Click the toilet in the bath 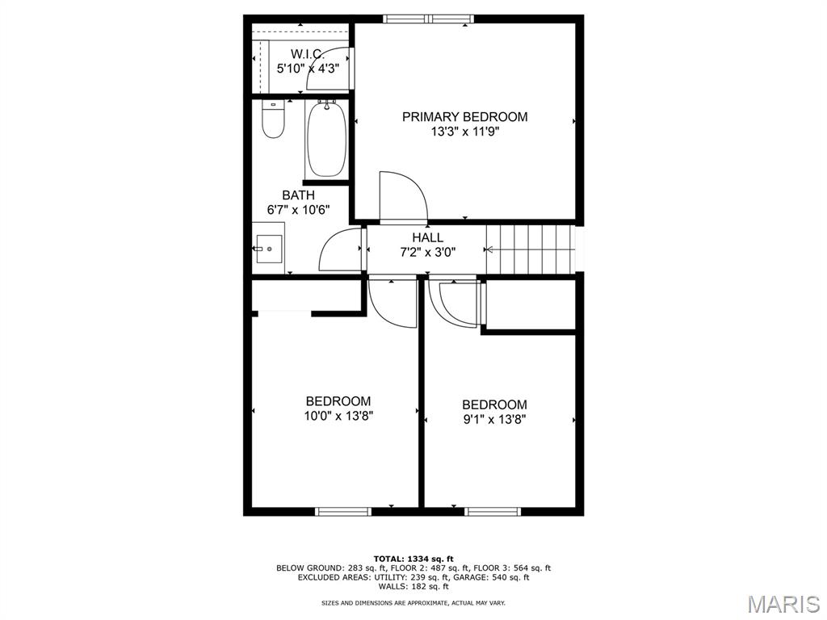click(x=274, y=120)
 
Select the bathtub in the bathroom click(x=326, y=138)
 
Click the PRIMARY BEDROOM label click(x=464, y=117)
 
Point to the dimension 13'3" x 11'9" click(x=464, y=132)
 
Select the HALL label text click(x=427, y=237)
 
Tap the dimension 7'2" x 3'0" click(x=427, y=252)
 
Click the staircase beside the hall click(x=530, y=249)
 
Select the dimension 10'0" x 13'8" click(x=338, y=417)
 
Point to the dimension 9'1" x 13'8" click(x=494, y=420)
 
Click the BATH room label click(x=298, y=195)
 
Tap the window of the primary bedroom click(x=430, y=19)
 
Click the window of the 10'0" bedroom click(x=342, y=511)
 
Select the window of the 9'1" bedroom click(x=493, y=511)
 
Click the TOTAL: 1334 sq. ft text click(x=413, y=559)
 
